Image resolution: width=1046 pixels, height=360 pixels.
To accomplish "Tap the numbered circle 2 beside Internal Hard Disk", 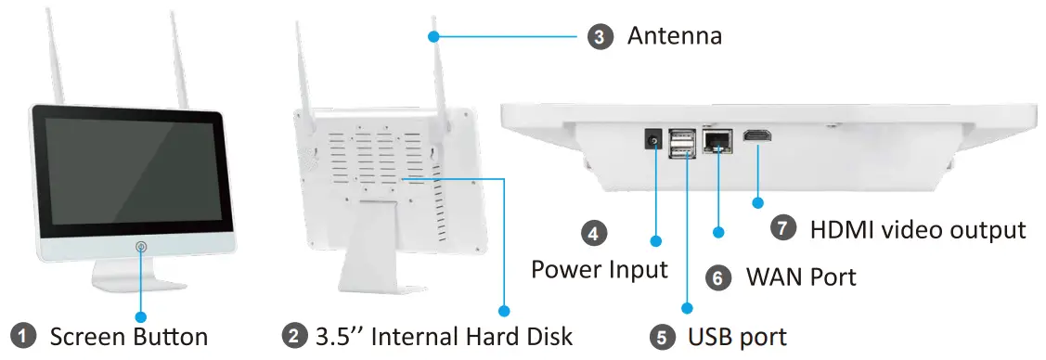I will pos(294,336).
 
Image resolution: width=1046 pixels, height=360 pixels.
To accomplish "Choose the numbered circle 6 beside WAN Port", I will pos(717,276).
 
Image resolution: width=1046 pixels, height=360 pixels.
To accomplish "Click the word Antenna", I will pos(674,37).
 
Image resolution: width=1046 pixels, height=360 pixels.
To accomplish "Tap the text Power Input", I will pos(599,270).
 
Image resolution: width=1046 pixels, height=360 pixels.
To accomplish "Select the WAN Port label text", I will pos(801,276).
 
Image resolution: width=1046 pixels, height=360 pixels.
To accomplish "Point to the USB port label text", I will pos(737,337).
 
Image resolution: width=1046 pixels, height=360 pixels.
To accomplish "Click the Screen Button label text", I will pos(128,336).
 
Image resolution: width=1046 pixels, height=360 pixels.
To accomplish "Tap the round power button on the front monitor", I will pos(141,248).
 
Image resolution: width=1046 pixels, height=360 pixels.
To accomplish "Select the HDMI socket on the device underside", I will pos(758,137).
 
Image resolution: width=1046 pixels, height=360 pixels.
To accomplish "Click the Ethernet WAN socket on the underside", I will pos(717,140).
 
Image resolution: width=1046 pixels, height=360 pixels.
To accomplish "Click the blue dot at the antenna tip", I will pos(433,36).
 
